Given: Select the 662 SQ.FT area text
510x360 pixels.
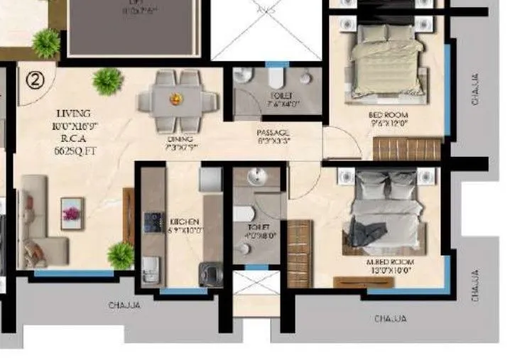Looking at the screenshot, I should (x=73, y=151).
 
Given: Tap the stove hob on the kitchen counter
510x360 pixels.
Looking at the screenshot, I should (x=151, y=222).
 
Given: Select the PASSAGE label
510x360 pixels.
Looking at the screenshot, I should (x=273, y=133).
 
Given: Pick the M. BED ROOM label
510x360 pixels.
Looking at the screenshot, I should (x=390, y=261).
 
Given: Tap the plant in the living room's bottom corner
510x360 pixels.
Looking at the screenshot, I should (x=121, y=255).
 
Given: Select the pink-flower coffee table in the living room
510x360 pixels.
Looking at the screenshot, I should (x=71, y=210).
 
